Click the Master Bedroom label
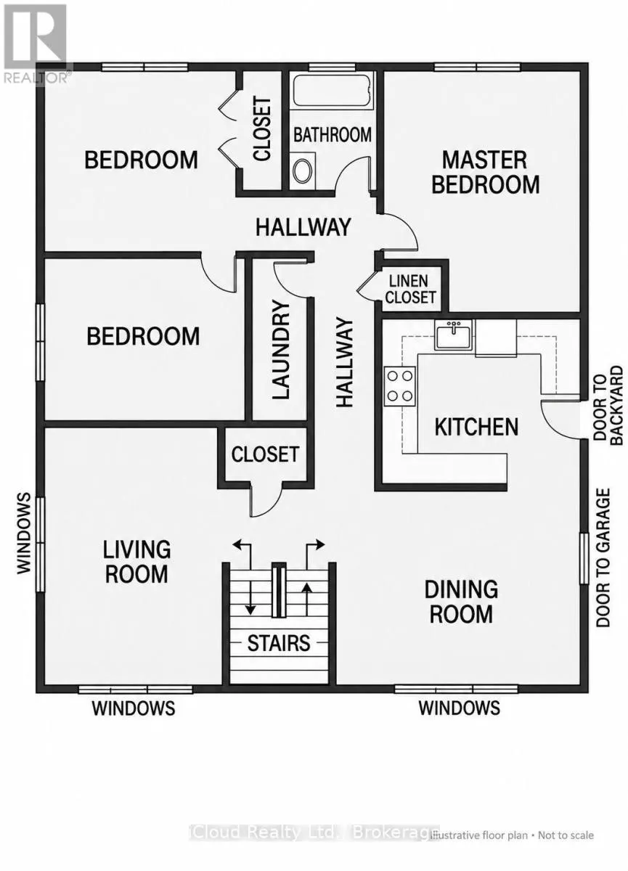click(485, 172)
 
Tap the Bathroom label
click(333, 134)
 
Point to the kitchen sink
click(453, 335)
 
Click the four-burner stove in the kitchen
click(400, 385)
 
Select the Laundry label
click(281, 350)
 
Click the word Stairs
click(279, 643)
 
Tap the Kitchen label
click(476, 427)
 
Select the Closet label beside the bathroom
click(261, 129)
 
